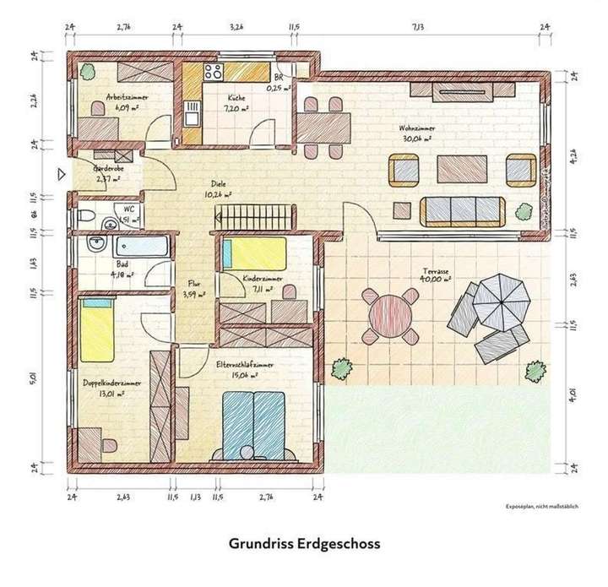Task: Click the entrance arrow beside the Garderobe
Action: click(x=60, y=176)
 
